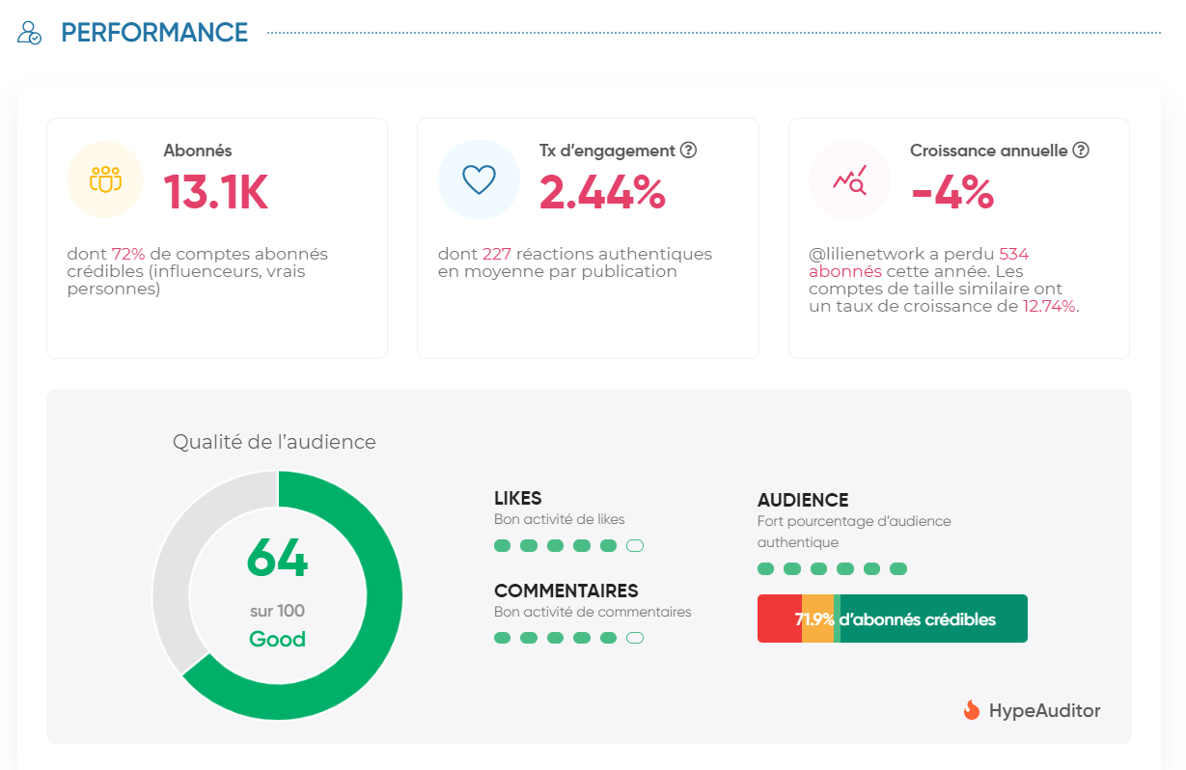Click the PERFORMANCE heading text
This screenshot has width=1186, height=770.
click(154, 33)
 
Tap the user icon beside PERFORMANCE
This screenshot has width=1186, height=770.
click(30, 33)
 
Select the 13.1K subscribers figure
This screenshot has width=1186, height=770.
click(215, 192)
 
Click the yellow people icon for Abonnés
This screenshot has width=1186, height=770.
click(105, 179)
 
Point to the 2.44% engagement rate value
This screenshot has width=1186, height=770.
click(602, 192)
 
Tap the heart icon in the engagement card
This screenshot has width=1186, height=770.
click(479, 179)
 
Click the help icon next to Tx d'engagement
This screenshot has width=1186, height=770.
click(688, 151)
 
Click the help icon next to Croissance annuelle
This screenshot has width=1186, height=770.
click(1081, 151)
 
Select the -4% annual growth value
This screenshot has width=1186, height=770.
click(952, 192)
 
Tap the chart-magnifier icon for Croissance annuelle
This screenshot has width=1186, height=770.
click(850, 179)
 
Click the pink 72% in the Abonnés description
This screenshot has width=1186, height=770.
click(128, 255)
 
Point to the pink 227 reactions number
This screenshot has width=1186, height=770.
click(497, 255)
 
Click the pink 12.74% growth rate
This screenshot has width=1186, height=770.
click(1050, 307)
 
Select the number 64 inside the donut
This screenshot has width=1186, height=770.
click(277, 558)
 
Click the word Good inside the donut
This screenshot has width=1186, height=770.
click(277, 639)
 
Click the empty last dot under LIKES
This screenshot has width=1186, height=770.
click(635, 546)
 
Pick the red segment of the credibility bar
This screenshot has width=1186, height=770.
click(778, 619)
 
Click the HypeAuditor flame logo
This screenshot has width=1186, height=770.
click(972, 710)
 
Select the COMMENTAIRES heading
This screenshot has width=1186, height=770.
click(565, 591)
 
